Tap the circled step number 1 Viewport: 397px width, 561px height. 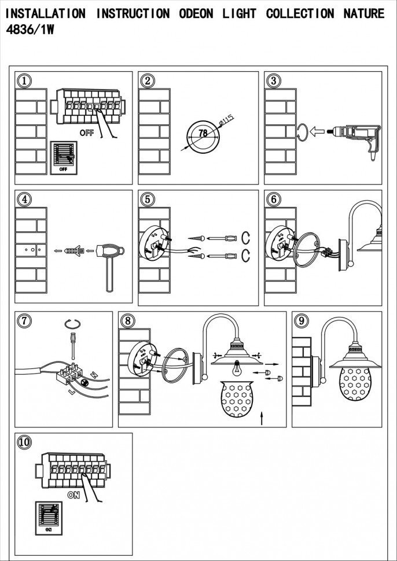pyautogui.click(x=23, y=81)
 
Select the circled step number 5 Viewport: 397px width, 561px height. pyautogui.click(x=148, y=199)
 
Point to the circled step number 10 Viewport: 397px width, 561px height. pyautogui.click(x=24, y=442)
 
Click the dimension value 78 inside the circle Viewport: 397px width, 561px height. pyautogui.click(x=203, y=133)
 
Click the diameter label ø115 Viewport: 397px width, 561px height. pyautogui.click(x=226, y=122)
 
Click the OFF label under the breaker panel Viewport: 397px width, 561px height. pyautogui.click(x=86, y=132)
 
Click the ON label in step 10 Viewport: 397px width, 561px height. pyautogui.click(x=73, y=495)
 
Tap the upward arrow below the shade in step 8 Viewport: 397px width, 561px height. pyautogui.click(x=262, y=418)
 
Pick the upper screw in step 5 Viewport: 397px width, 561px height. pyautogui.click(x=195, y=238)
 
